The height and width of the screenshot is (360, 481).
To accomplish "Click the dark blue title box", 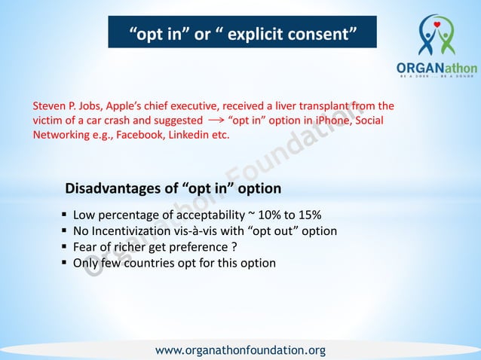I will pos(242,32).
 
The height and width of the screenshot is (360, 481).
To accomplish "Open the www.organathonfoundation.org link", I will pos(240,350).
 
